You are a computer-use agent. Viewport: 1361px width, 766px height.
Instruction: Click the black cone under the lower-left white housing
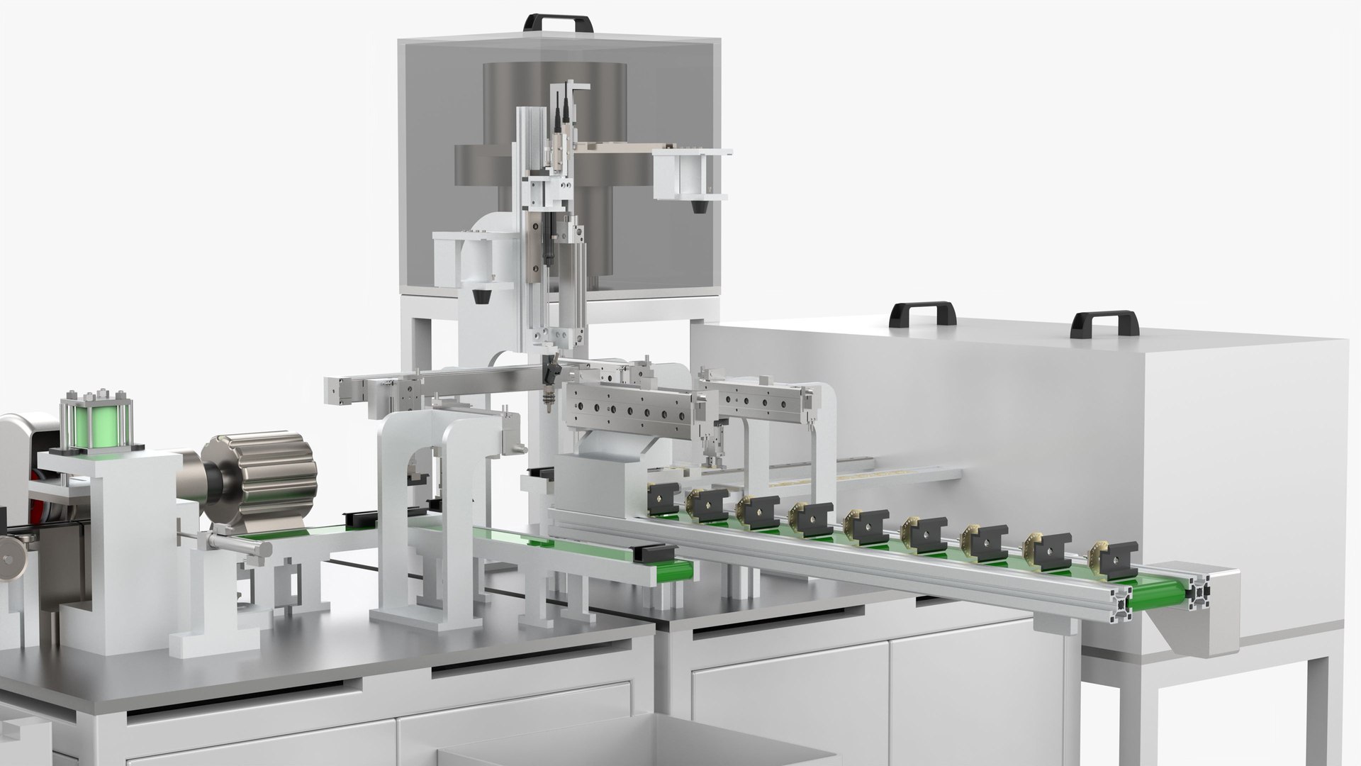point(479,296)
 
